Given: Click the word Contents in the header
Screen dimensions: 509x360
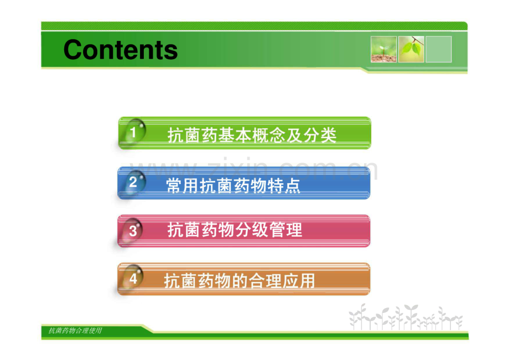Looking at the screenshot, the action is click(x=121, y=50).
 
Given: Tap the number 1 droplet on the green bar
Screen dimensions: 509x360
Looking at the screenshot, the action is click(x=133, y=132).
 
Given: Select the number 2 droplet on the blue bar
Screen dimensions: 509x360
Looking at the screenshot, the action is click(x=133, y=182).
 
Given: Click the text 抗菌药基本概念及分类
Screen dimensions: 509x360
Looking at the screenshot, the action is click(x=252, y=135).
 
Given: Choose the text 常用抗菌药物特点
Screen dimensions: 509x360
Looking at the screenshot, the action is click(x=233, y=186).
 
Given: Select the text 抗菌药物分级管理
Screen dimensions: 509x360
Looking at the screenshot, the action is click(x=235, y=229).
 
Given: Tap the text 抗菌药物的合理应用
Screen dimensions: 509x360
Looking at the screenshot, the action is click(x=239, y=281).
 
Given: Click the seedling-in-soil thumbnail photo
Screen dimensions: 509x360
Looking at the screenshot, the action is click(x=384, y=49).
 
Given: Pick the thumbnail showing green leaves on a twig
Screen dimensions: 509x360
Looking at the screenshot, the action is click(x=411, y=49).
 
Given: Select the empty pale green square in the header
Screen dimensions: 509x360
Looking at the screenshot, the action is click(x=439, y=49).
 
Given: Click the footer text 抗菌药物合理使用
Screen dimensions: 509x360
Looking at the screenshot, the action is click(x=75, y=331).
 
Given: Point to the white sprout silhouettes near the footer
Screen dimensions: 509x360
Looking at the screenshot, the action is click(x=406, y=317).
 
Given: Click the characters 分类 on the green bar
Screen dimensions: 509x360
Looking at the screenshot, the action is click(x=320, y=135).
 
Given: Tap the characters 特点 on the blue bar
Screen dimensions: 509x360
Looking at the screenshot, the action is click(x=284, y=186).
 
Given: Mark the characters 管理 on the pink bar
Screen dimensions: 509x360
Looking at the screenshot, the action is click(x=285, y=229).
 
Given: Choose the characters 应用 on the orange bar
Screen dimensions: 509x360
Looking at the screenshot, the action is click(x=298, y=281).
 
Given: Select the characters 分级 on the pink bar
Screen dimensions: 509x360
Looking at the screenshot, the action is click(x=252, y=229).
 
